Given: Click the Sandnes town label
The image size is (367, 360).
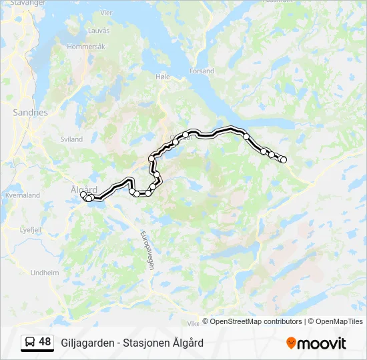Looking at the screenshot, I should pos(30,113).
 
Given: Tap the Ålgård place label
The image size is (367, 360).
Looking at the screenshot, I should pos(83,189).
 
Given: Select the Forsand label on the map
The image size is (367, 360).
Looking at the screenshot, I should pos(202,71).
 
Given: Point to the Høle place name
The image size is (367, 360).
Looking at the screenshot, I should pos(163,77).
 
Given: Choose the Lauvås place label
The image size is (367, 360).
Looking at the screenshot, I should pos(98,31).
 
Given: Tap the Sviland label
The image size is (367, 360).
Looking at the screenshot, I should pos(71,139).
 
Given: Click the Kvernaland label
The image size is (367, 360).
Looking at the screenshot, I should pos(23,195).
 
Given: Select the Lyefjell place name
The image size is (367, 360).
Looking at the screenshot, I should pos(31,229).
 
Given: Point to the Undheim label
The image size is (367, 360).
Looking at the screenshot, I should pos(45,273).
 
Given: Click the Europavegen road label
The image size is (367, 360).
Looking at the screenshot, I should pos(147,249).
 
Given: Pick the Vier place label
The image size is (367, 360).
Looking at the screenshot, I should pos(106,12).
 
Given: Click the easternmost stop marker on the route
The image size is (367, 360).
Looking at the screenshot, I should pos(284,159).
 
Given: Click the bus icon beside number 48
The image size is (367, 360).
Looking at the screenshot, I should pos(30,342).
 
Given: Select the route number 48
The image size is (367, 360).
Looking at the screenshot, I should pos(45,342).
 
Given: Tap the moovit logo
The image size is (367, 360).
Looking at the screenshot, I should pos(316,343).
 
